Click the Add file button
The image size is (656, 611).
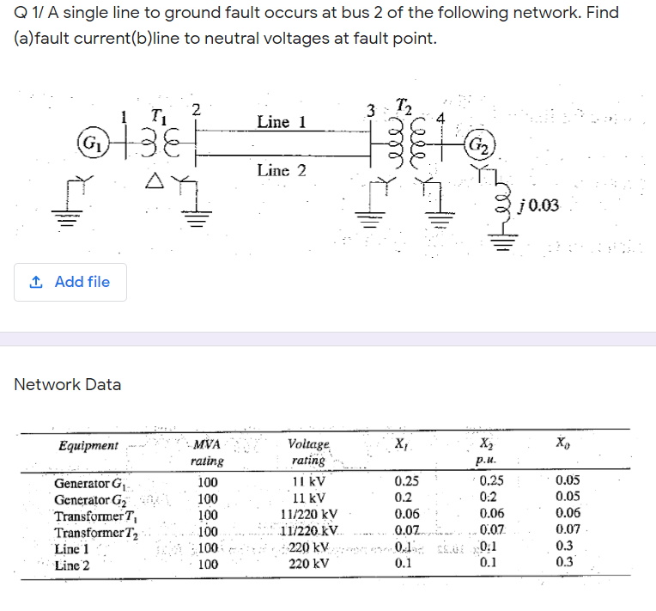pyautogui.click(x=70, y=282)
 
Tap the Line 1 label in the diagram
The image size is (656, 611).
pyautogui.click(x=282, y=122)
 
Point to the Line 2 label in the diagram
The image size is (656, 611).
pyautogui.click(x=282, y=170)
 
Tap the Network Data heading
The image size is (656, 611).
pyautogui.click(x=68, y=384)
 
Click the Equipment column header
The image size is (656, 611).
pyautogui.click(x=88, y=445)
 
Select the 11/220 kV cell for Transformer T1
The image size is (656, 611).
pyautogui.click(x=307, y=516)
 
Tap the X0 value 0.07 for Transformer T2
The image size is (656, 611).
pyautogui.click(x=567, y=532)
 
